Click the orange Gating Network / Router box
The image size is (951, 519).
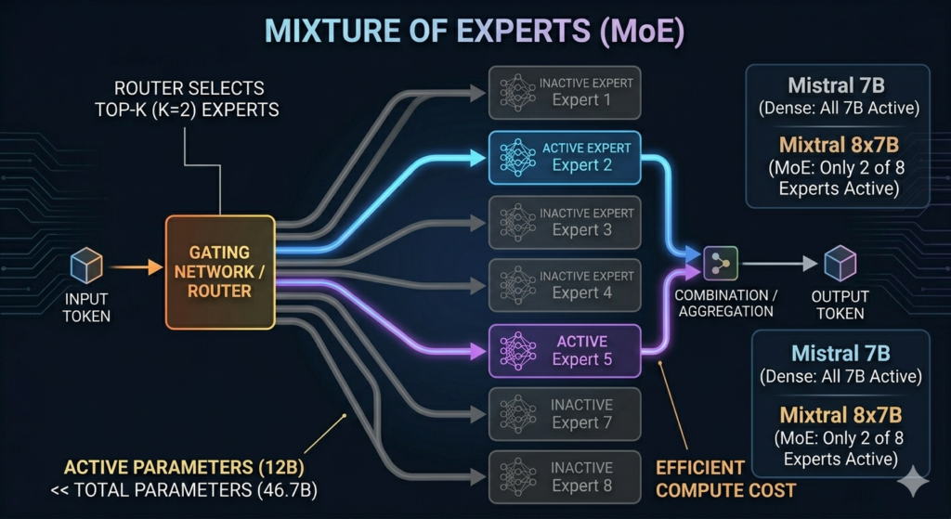[220, 272]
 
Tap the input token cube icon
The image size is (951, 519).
[86, 267]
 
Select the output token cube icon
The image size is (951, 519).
[840, 263]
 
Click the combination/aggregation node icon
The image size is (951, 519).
[720, 263]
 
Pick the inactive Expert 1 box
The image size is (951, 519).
[565, 92]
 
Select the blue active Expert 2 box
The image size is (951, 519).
[565, 156]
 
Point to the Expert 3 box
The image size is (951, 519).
[565, 221]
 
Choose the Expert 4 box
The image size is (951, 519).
[565, 284]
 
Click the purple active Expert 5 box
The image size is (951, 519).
[565, 350]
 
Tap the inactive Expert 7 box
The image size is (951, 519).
[565, 413]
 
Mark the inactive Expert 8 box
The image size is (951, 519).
[565, 476]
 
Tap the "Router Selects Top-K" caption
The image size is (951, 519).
[189, 98]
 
